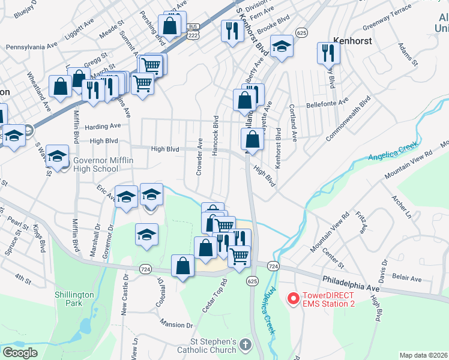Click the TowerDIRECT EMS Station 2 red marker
(294, 298)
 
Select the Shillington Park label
(74, 299)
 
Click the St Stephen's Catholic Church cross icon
(245, 344)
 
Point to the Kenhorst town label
(354, 41)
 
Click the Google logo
(20, 353)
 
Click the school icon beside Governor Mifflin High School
(57, 157)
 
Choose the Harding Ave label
(103, 126)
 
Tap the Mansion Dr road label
(176, 324)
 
